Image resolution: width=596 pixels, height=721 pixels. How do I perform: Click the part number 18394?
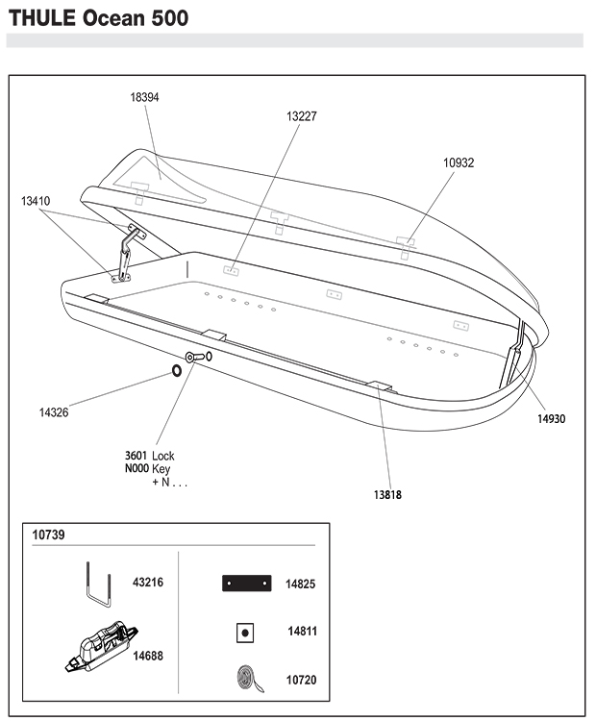click(144, 97)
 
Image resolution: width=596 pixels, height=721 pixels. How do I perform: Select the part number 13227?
click(302, 116)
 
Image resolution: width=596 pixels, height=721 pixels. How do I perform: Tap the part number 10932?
click(459, 162)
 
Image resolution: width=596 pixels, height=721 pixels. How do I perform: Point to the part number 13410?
click(36, 201)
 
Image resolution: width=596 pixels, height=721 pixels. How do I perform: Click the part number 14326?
click(54, 412)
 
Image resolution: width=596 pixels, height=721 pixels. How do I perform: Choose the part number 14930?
click(552, 419)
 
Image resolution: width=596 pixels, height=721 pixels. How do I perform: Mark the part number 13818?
click(387, 495)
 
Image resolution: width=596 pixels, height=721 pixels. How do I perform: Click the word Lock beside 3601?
click(163, 456)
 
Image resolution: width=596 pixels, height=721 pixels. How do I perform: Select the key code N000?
click(137, 468)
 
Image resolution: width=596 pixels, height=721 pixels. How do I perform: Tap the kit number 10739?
click(48, 535)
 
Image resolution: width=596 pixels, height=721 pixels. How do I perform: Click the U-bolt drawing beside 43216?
click(99, 584)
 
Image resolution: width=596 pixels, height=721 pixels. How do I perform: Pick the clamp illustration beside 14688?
click(101, 647)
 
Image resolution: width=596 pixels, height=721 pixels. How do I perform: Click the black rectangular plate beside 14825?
click(246, 584)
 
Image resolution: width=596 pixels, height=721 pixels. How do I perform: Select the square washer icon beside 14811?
click(245, 634)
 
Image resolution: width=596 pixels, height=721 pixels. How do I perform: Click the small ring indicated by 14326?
click(177, 371)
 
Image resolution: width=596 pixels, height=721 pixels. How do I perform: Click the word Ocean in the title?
click(113, 18)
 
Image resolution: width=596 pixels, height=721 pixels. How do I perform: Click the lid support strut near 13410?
click(125, 253)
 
